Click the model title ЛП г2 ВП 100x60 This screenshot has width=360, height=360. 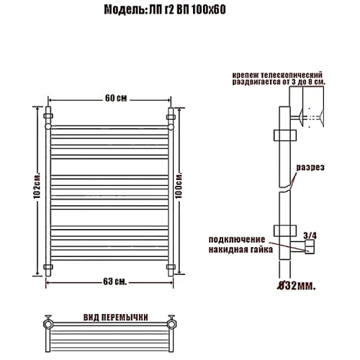click(187, 10)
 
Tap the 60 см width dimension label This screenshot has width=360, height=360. click(116, 98)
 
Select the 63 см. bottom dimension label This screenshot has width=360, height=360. click(115, 282)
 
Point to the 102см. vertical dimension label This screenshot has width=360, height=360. click(37, 185)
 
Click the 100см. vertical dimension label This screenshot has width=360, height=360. click(179, 185)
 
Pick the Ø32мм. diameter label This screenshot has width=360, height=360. click(296, 286)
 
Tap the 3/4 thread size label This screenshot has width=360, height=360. click(310, 235)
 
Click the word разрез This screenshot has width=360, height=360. click(310, 167)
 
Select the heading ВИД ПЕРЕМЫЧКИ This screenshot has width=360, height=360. click(116, 318)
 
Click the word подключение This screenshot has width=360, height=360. click(237, 240)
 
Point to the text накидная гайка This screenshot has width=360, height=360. click(240, 250)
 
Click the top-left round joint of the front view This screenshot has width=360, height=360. click(48, 127)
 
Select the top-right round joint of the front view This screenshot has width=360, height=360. click(171, 127)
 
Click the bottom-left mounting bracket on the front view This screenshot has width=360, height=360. click(48, 266)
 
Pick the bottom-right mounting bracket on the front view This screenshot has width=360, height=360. click(171, 266)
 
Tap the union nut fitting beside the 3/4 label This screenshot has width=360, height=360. click(310, 247)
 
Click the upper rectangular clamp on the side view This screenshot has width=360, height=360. click(285, 135)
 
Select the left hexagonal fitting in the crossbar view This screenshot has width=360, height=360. click(48, 324)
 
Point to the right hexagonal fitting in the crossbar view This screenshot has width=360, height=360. click(172, 324)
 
